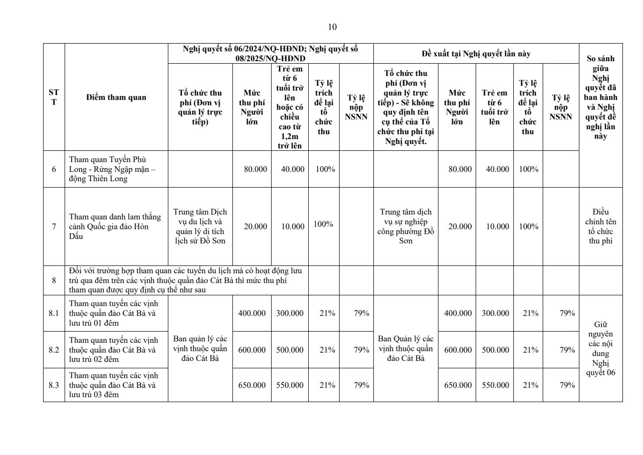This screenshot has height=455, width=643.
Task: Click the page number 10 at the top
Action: (x=332, y=27)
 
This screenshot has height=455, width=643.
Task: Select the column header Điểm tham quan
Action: (x=116, y=97)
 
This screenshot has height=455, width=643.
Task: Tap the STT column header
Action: (x=54, y=97)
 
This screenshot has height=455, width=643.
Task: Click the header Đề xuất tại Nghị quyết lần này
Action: (x=476, y=54)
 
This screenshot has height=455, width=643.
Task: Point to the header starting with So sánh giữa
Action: (x=600, y=97)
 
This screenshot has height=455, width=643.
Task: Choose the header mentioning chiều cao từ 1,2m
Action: (x=290, y=107)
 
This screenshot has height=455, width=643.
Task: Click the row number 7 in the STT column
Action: (x=54, y=227)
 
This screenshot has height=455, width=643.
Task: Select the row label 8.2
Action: (x=54, y=350)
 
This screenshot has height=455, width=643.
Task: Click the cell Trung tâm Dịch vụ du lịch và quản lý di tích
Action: (x=200, y=226)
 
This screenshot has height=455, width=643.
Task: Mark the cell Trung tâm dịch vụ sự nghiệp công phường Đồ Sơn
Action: (x=406, y=226)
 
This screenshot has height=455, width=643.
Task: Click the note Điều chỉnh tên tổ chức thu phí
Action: (x=600, y=226)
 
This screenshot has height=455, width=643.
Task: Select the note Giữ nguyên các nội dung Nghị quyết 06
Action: (x=600, y=348)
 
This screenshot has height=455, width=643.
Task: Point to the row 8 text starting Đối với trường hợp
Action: (x=186, y=280)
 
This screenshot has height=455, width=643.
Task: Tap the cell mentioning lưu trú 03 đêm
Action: (x=114, y=385)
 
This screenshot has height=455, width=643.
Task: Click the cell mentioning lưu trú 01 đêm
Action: (x=114, y=313)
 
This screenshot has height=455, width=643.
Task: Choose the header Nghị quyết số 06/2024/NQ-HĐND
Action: (x=270, y=53)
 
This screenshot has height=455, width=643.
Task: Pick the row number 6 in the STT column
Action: (x=54, y=169)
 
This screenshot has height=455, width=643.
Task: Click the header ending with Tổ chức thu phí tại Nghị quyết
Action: (x=406, y=107)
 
